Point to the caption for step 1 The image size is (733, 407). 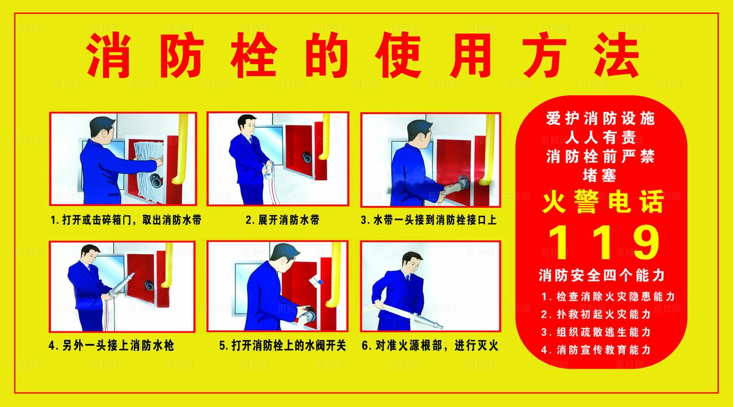(125, 220)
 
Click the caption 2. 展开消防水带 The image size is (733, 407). (282, 220)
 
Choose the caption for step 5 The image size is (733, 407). (282, 346)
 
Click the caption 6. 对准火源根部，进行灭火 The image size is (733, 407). (429, 346)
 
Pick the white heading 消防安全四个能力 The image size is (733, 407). (601, 276)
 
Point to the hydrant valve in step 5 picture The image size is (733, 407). (307, 315)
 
